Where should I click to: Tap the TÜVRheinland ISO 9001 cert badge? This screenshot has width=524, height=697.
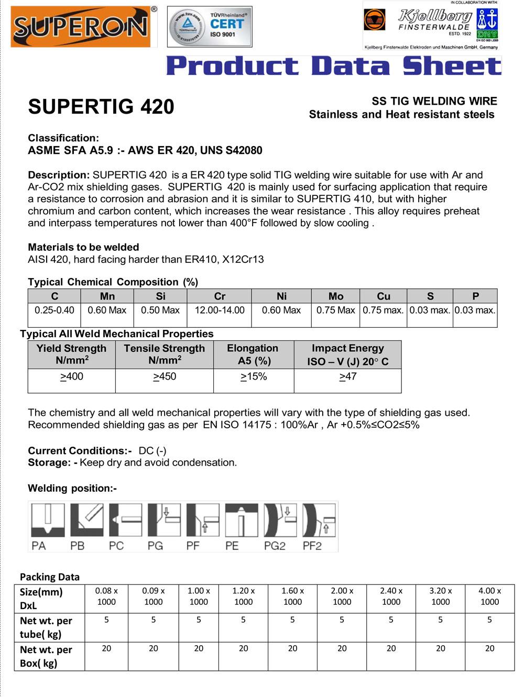point(210,27)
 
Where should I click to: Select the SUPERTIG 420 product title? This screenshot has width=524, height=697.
point(101,107)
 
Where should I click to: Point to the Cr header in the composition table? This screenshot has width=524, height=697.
point(220,296)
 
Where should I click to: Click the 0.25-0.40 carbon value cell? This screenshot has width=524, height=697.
point(54,310)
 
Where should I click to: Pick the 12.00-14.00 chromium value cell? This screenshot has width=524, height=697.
point(220,310)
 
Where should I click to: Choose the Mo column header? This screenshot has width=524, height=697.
point(335,296)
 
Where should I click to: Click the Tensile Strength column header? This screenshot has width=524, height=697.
point(164,355)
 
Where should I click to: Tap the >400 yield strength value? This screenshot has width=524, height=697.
point(72,377)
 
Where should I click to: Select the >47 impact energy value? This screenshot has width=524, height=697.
point(348,377)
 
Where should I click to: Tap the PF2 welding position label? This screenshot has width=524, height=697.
point(312,546)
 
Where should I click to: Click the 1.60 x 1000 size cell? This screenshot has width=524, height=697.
point(292,596)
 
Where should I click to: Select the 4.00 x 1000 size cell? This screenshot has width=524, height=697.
point(489,596)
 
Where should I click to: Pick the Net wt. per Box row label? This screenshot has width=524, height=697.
point(46,656)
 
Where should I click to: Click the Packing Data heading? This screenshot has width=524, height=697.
point(50,577)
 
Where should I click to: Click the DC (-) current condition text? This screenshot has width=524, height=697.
point(152,451)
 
